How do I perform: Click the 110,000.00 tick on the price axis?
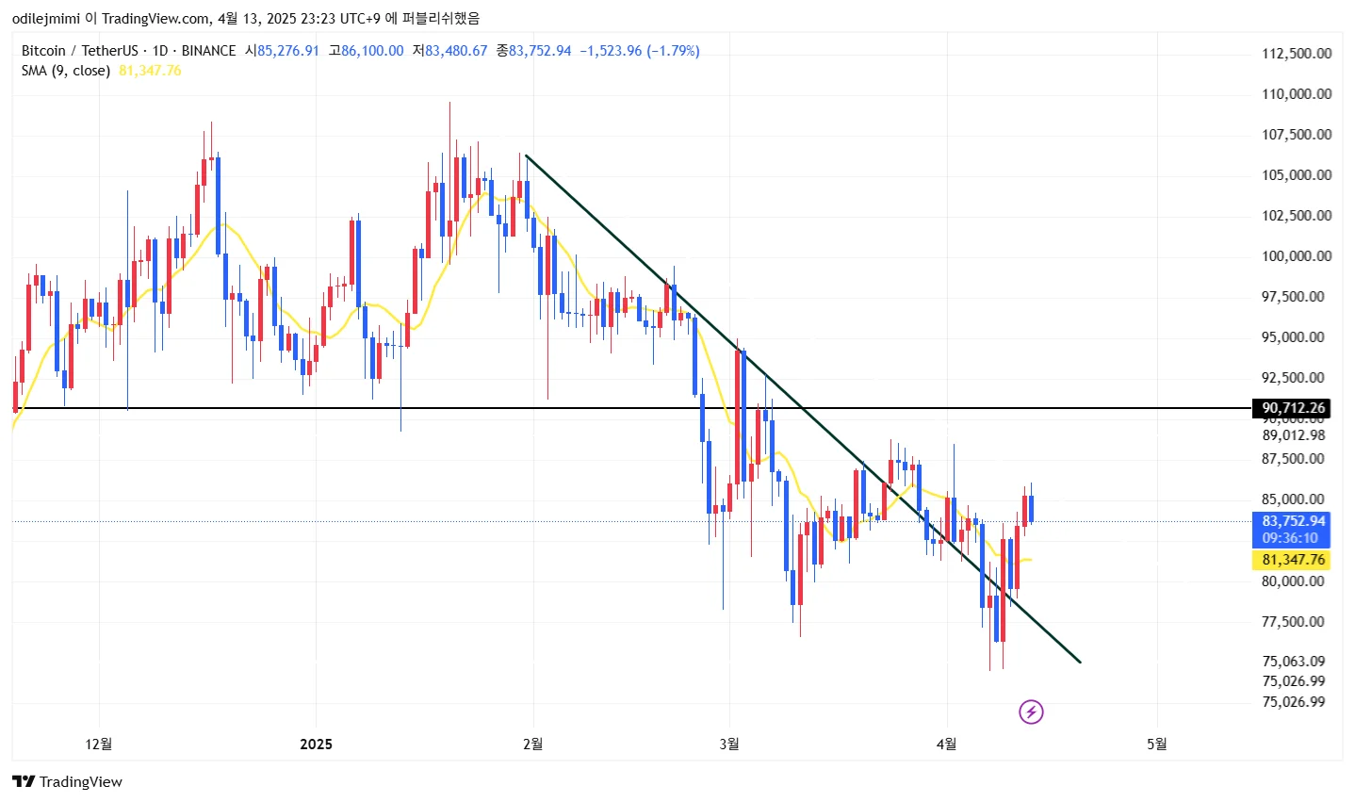click(1297, 94)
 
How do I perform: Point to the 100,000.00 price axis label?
click(1297, 256)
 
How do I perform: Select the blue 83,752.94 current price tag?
click(1293, 521)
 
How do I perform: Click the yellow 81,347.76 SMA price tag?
click(1293, 560)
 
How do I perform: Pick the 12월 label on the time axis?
click(98, 745)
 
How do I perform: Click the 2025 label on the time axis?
click(316, 745)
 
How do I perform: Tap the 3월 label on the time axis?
click(728, 745)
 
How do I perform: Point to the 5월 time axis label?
click(1156, 745)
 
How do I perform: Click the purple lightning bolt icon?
click(1031, 712)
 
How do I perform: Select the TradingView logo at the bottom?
click(68, 782)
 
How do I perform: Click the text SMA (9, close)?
click(66, 71)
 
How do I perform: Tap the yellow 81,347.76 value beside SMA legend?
click(150, 71)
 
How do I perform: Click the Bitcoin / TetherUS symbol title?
click(79, 51)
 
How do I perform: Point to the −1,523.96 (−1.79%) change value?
click(639, 51)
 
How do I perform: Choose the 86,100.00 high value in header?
click(372, 51)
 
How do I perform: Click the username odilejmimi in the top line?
click(45, 18)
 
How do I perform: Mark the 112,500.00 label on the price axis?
click(1297, 54)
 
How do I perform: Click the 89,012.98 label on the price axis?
click(1293, 435)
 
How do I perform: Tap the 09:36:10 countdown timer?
click(1290, 538)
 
